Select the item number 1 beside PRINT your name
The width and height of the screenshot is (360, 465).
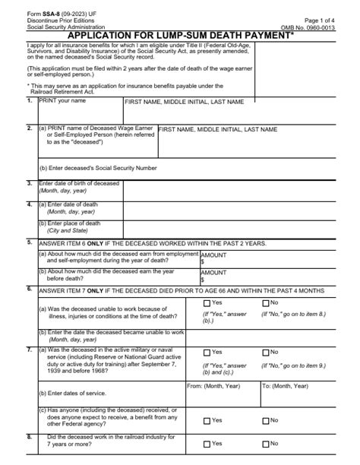point(29,100)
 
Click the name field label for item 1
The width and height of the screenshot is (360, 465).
point(184,101)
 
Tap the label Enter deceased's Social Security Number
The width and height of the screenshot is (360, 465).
point(98,167)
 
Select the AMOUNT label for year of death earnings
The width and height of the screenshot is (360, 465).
point(213,255)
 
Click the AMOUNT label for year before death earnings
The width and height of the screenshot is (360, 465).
point(213,272)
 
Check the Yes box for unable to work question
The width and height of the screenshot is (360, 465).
point(207,303)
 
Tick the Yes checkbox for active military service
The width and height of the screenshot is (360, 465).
point(207,353)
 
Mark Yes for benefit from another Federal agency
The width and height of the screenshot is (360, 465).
point(207,419)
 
